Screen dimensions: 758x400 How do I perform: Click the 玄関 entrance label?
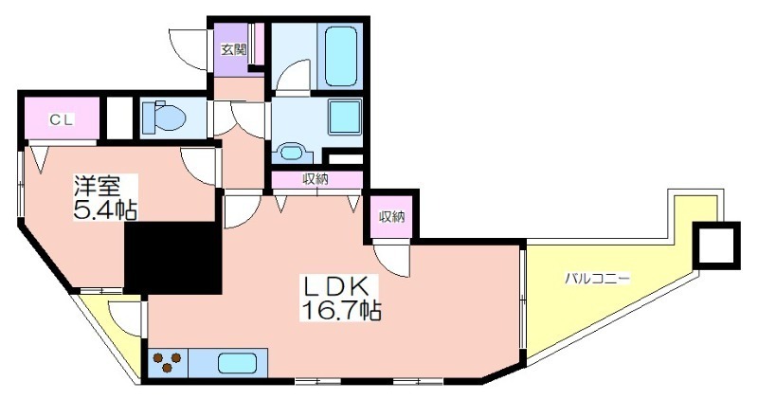tap(234, 49)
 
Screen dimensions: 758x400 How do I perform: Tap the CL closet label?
tap(62, 120)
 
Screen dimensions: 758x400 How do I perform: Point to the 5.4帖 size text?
tap(105, 209)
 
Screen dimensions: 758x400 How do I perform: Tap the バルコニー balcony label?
tap(598, 279)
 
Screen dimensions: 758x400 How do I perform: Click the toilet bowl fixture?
tap(164, 116)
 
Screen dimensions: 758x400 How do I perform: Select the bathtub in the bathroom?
tap(341, 56)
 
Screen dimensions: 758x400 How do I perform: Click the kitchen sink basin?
tap(238, 363)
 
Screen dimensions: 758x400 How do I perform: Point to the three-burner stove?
tap(168, 362)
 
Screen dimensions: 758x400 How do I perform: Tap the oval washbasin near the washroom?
tap(292, 152)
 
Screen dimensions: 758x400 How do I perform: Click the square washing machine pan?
tap(345, 117)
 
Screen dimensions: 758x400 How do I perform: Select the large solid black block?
tap(173, 258)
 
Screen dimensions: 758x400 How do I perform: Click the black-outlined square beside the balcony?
tap(716, 245)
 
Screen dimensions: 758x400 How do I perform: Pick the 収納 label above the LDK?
tap(316, 179)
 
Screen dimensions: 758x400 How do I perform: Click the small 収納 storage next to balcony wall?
tap(391, 217)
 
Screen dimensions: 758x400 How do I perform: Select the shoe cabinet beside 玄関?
tap(257, 44)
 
